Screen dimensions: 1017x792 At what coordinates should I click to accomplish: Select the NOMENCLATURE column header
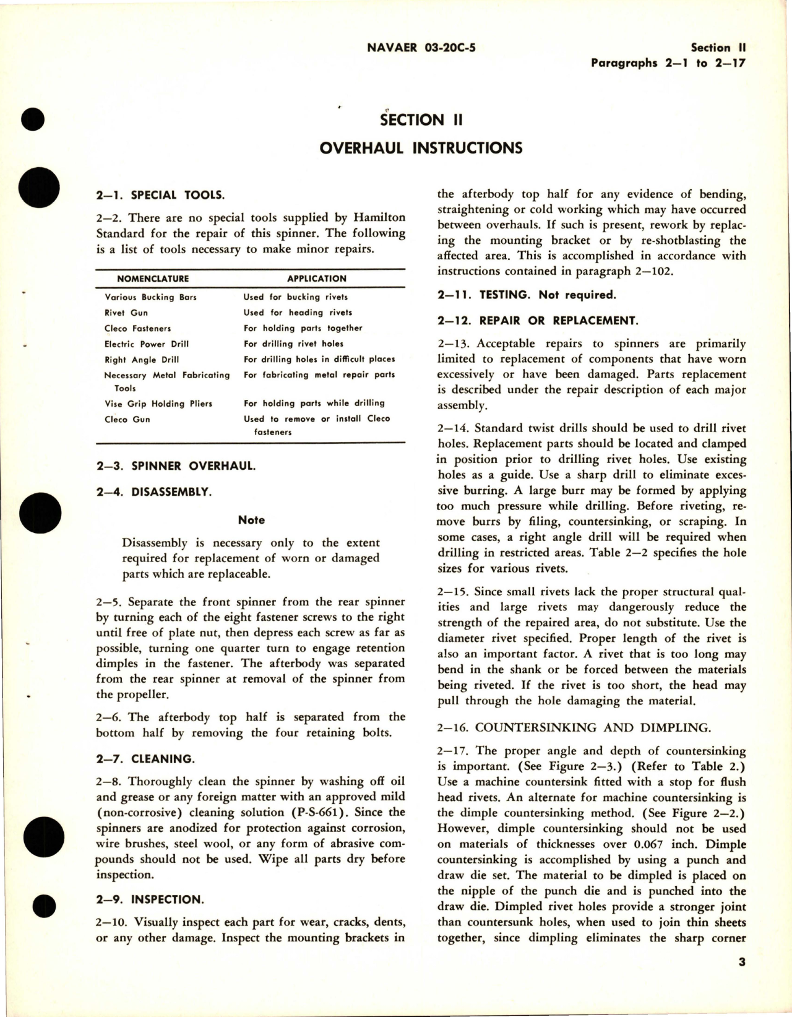[x=153, y=279]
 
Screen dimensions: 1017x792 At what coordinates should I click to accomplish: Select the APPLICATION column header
[x=317, y=279]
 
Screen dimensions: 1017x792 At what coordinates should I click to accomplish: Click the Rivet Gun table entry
[x=126, y=313]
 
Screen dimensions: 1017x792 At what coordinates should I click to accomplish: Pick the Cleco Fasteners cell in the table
[x=138, y=329]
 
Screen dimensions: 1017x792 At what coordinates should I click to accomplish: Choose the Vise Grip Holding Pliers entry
[x=158, y=404]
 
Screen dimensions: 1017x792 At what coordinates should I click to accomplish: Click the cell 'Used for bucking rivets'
[x=295, y=297]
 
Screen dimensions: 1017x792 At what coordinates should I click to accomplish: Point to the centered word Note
[x=251, y=520]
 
